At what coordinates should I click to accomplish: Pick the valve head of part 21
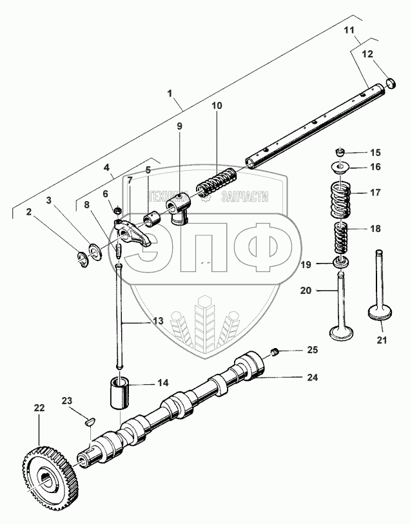tap(376, 315)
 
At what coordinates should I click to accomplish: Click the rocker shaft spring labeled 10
tap(218, 180)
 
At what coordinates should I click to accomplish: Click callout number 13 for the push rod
tap(158, 320)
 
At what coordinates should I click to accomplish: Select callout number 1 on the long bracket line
tap(170, 93)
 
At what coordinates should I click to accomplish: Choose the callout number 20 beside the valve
tap(306, 291)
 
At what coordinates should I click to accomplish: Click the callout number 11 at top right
tap(349, 32)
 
